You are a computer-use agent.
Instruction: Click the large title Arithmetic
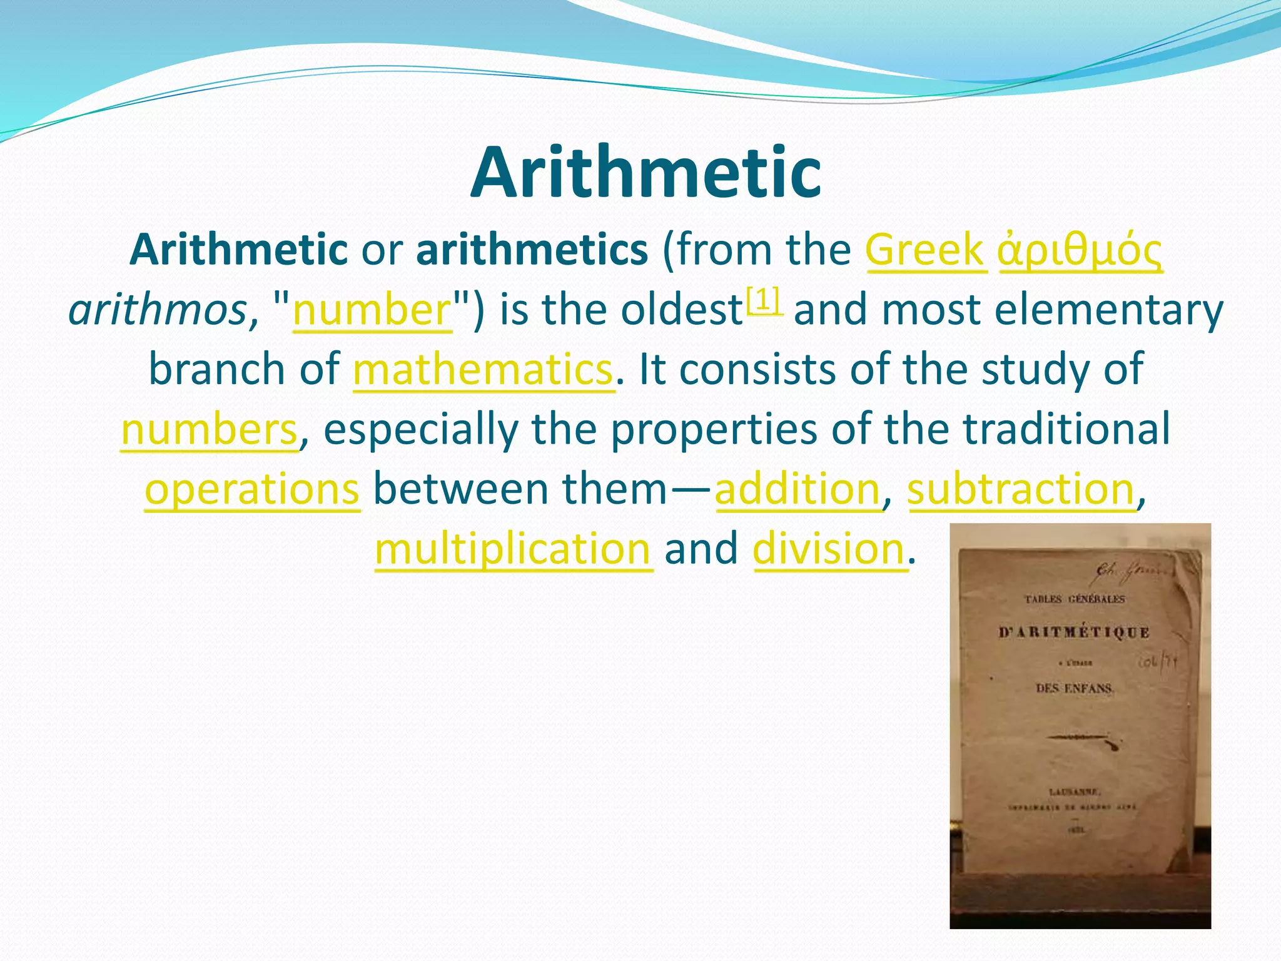[646, 173]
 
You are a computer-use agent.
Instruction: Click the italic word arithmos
[158, 310]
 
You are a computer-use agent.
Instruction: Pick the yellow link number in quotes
[372, 310]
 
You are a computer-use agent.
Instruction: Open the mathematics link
[483, 370]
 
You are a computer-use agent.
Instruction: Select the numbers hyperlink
[209, 430]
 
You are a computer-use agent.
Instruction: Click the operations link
[252, 489]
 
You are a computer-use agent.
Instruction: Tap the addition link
[797, 489]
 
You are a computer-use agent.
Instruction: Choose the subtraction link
[1021, 489]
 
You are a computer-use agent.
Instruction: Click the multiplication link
[513, 549]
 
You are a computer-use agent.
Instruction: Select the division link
[829, 549]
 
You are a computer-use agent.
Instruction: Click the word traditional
[1066, 430]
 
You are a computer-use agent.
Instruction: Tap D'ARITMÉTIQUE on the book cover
[1073, 633]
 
